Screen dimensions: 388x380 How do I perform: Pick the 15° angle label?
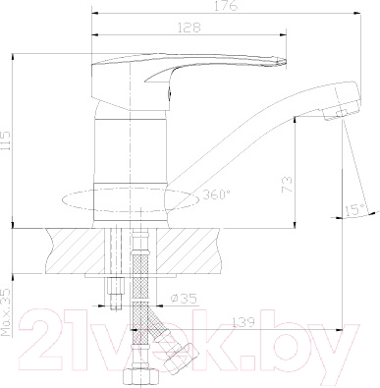tap(354, 207)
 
